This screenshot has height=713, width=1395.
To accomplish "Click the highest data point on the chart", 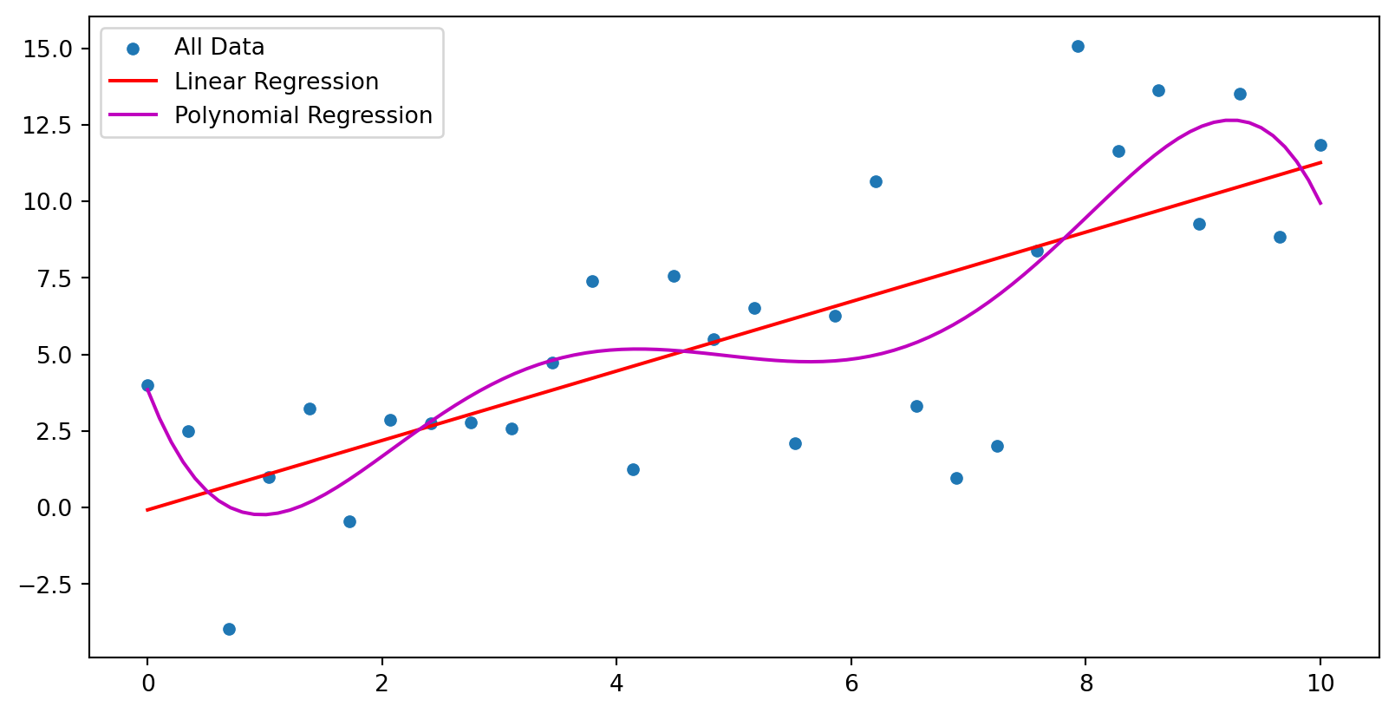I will tap(1078, 46).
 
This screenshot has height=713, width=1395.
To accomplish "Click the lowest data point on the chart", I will tap(229, 629).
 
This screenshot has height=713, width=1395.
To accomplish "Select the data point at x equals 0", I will tap(147, 385).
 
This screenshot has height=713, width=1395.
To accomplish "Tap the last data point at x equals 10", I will tap(1320, 145).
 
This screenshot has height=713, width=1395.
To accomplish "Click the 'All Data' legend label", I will tap(219, 47).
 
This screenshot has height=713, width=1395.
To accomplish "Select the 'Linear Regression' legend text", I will tap(277, 82).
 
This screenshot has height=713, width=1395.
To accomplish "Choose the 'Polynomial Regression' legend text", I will tap(303, 115).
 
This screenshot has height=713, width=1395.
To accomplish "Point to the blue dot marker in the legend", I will tap(133, 49).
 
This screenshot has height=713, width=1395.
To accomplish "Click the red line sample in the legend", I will tap(133, 82).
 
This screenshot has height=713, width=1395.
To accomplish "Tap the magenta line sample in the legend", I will tap(133, 115).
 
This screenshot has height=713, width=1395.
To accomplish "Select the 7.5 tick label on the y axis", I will tap(53, 278).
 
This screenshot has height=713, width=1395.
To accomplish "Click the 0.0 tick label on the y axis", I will tap(53, 508).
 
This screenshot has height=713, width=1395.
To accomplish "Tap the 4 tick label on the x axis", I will tap(616, 684).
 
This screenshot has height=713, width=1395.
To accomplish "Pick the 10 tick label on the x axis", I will tap(1320, 684).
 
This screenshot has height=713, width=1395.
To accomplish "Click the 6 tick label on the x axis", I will tap(851, 684).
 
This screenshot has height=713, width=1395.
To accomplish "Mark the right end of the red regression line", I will tap(1320, 162).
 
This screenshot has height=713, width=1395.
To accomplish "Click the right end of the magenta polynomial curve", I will tap(1320, 203).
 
